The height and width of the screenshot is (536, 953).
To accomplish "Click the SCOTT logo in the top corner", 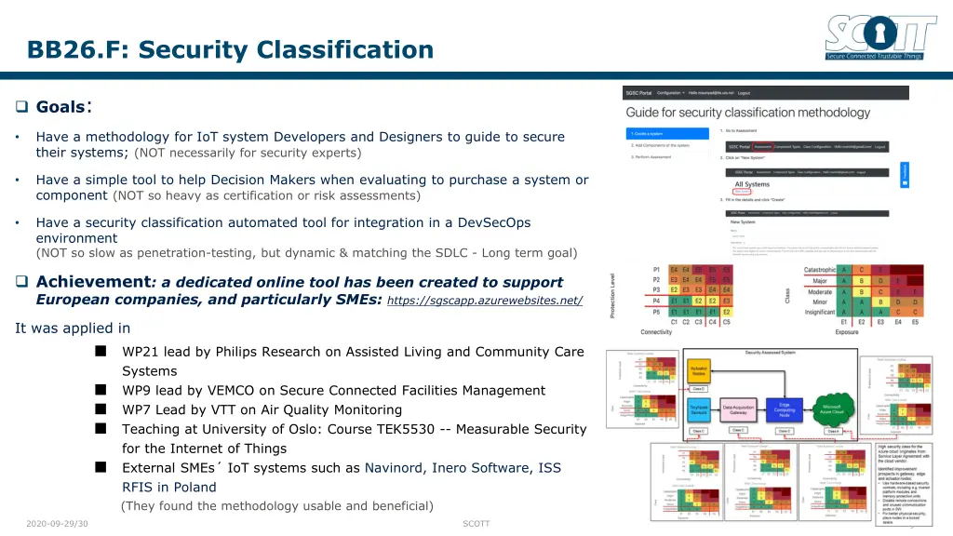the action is pyautogui.click(x=880, y=37).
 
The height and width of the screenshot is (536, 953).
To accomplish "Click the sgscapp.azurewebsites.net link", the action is pyautogui.click(x=484, y=301).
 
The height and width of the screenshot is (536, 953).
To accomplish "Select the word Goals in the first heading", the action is pyautogui.click(x=60, y=107).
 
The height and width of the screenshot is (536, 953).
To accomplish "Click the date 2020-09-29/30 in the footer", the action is pyautogui.click(x=58, y=524).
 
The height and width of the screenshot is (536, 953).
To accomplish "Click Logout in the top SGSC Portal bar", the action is pyautogui.click(x=744, y=93).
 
